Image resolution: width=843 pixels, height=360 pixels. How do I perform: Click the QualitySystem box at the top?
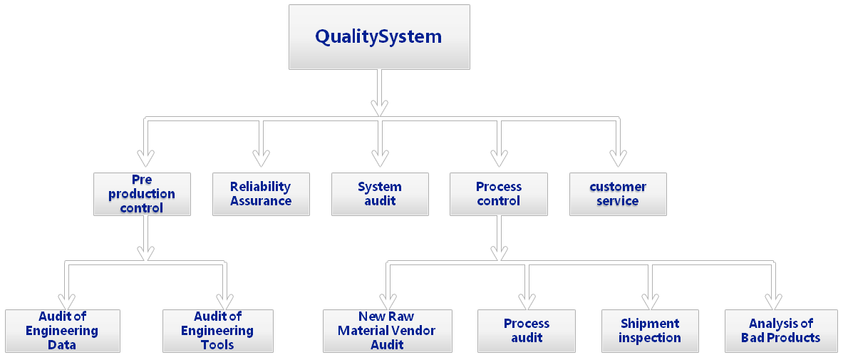point(378,37)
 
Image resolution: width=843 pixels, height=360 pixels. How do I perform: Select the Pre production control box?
point(142,194)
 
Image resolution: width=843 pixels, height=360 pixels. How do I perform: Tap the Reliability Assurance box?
point(261,194)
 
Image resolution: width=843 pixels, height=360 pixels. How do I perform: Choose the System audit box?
point(380,194)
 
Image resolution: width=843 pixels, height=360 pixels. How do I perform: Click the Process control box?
point(498,194)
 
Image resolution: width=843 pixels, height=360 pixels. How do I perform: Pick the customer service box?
point(618,194)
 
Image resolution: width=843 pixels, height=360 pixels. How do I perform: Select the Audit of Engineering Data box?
point(62,331)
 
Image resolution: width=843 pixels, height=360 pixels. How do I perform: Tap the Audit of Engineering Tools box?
point(217,331)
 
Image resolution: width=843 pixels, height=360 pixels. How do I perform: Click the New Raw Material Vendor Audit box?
point(387,331)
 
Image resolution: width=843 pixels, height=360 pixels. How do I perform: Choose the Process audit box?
point(527,331)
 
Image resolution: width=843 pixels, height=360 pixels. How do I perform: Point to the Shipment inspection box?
point(649,331)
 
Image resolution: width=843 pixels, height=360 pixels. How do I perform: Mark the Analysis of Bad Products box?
point(780,331)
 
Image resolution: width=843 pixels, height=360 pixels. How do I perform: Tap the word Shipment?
point(649,324)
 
